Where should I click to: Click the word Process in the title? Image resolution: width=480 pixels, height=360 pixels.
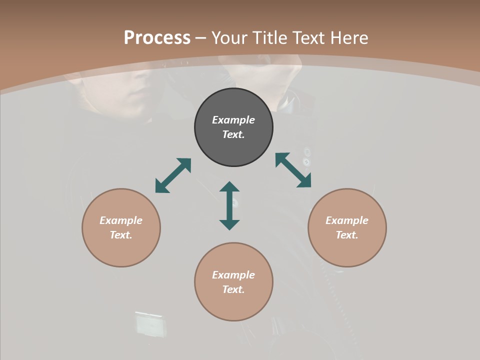[x=157, y=38]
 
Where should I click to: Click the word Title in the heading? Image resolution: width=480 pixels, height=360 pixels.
[x=269, y=38]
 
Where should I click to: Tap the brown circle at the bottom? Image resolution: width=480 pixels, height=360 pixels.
[x=233, y=305]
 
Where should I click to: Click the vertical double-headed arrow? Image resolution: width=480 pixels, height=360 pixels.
[x=229, y=205]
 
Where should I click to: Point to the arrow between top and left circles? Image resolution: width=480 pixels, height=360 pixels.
[x=173, y=175]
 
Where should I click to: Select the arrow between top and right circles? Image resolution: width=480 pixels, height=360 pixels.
[x=293, y=170]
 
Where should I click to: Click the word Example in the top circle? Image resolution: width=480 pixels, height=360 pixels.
[x=233, y=120]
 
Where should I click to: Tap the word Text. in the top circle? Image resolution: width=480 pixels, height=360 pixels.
[x=233, y=134]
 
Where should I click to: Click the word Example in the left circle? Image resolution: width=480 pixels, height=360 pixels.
[x=121, y=220]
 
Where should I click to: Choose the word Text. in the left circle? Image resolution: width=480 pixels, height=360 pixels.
[x=121, y=235]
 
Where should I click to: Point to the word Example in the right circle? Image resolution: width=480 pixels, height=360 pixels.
[x=347, y=220]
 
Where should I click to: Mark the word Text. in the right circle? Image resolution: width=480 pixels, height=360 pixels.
[x=347, y=235]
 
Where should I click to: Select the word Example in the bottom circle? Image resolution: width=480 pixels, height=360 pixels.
[x=233, y=275]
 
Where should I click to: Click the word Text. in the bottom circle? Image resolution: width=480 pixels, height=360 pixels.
[x=233, y=289]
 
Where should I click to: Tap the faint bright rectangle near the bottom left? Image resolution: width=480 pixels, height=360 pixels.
[x=150, y=324]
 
